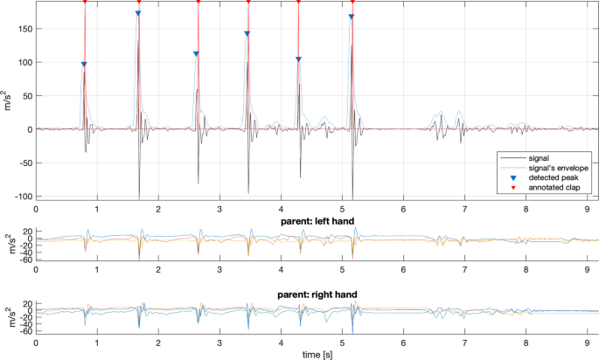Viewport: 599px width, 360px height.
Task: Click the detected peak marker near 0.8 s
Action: point(84,64)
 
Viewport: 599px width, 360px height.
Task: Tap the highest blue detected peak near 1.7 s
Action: point(138,13)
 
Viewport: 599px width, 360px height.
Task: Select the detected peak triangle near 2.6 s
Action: point(196,53)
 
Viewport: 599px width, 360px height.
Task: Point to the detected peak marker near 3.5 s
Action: point(247,33)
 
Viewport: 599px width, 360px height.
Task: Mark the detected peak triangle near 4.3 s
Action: point(298,59)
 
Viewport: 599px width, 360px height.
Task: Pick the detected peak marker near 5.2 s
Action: point(352,17)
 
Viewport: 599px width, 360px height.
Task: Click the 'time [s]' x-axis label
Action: point(316,355)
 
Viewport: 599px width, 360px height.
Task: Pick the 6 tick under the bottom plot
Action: point(403,343)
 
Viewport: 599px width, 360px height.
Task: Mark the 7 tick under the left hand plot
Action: point(464,271)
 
